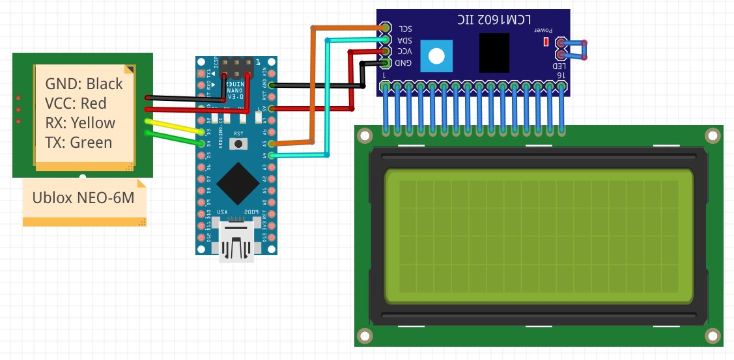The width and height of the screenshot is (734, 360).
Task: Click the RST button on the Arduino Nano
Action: click(x=238, y=143)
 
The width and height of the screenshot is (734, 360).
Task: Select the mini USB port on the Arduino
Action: click(x=236, y=242)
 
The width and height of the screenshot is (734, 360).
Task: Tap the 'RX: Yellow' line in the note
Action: click(x=80, y=122)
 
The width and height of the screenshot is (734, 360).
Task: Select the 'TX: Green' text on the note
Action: click(x=79, y=142)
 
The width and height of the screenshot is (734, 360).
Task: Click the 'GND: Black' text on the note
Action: click(x=84, y=83)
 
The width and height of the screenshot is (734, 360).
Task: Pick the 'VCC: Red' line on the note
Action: click(x=76, y=103)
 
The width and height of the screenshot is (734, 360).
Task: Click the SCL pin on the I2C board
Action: click(x=386, y=28)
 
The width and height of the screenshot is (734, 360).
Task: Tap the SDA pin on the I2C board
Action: click(x=386, y=40)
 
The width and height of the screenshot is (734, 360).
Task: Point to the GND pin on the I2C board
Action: click(x=386, y=62)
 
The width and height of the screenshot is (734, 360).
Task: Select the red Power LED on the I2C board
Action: click(x=544, y=42)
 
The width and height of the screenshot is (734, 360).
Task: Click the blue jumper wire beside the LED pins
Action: click(x=576, y=50)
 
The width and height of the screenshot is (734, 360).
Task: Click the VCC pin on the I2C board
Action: click(x=386, y=51)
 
